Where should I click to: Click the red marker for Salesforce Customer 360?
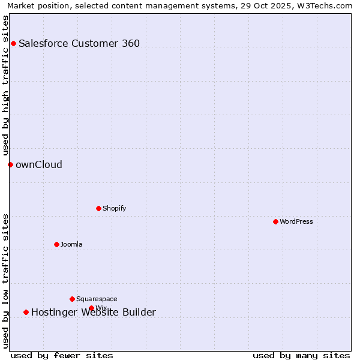coord(13,43)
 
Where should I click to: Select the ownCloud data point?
coord(10,164)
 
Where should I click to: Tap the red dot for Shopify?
coord(98,208)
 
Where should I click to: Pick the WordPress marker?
coord(275,221)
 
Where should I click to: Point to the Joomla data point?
coord(56,244)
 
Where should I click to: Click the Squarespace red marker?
coord(72,299)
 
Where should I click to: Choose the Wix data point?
coord(91,308)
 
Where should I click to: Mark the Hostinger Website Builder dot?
coord(26,312)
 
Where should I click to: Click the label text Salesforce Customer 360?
coord(79,43)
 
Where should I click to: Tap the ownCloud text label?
coord(39,164)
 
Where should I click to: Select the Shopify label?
coord(114,208)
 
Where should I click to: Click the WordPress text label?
coord(296,221)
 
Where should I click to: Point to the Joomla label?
coord(71,244)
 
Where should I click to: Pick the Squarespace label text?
coord(97,299)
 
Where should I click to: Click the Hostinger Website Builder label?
coord(94,312)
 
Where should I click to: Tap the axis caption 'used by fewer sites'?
coord(62,355)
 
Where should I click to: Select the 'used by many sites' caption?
coord(301,355)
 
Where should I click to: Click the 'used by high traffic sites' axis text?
coord(5,85)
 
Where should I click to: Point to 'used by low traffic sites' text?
coord(5,281)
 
